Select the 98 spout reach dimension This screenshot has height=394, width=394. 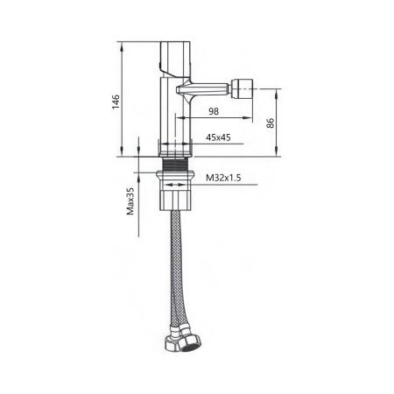[x=215, y=111]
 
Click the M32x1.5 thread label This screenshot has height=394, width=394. [x=223, y=178]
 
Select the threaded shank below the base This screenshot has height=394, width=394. [x=177, y=166]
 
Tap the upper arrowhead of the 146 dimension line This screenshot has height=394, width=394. [x=121, y=43]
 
